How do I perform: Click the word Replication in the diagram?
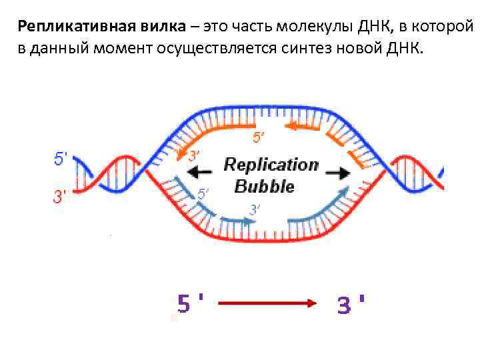point(271,164)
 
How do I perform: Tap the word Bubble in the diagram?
point(264,186)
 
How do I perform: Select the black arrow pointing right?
point(338,173)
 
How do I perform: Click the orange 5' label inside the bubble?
point(258,138)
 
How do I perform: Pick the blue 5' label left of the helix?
point(60,159)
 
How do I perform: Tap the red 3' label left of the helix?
point(60,197)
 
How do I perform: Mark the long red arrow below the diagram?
point(267,303)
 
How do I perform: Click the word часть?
point(254,27)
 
